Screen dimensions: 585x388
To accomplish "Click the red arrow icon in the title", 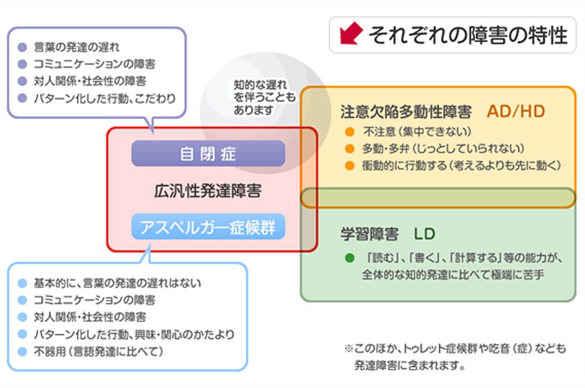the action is click(x=351, y=33).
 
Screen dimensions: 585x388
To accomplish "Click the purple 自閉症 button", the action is click(x=208, y=153).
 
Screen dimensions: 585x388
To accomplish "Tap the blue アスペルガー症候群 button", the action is click(x=208, y=227).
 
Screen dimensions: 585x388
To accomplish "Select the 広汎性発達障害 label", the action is click(x=208, y=191).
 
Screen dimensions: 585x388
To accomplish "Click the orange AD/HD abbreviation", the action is click(x=516, y=111).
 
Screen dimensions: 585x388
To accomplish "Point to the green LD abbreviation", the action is click(x=424, y=234).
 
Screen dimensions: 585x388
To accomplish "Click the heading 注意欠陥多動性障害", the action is click(x=406, y=112).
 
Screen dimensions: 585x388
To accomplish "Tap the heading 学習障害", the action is click(x=370, y=234).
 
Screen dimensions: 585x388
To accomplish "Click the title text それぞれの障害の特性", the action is click(x=468, y=35).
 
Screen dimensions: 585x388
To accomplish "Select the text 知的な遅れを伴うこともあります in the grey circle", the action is click(x=264, y=97).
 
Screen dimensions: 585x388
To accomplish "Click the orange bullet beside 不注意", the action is click(x=350, y=132).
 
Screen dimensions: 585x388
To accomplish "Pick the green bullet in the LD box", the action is click(x=350, y=257).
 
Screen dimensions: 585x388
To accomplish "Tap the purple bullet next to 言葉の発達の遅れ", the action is click(x=22, y=47).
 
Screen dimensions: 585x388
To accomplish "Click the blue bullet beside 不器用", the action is click(x=22, y=351).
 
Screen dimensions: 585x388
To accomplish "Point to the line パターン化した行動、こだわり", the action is click(x=105, y=98).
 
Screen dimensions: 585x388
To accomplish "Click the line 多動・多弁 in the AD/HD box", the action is click(x=443, y=149).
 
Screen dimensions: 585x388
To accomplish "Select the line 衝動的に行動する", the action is click(x=462, y=165).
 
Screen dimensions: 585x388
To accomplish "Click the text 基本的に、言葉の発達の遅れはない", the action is click(x=117, y=283).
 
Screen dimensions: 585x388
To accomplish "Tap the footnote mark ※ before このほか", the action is click(x=348, y=349).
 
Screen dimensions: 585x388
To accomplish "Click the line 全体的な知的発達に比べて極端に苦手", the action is click(x=453, y=274).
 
